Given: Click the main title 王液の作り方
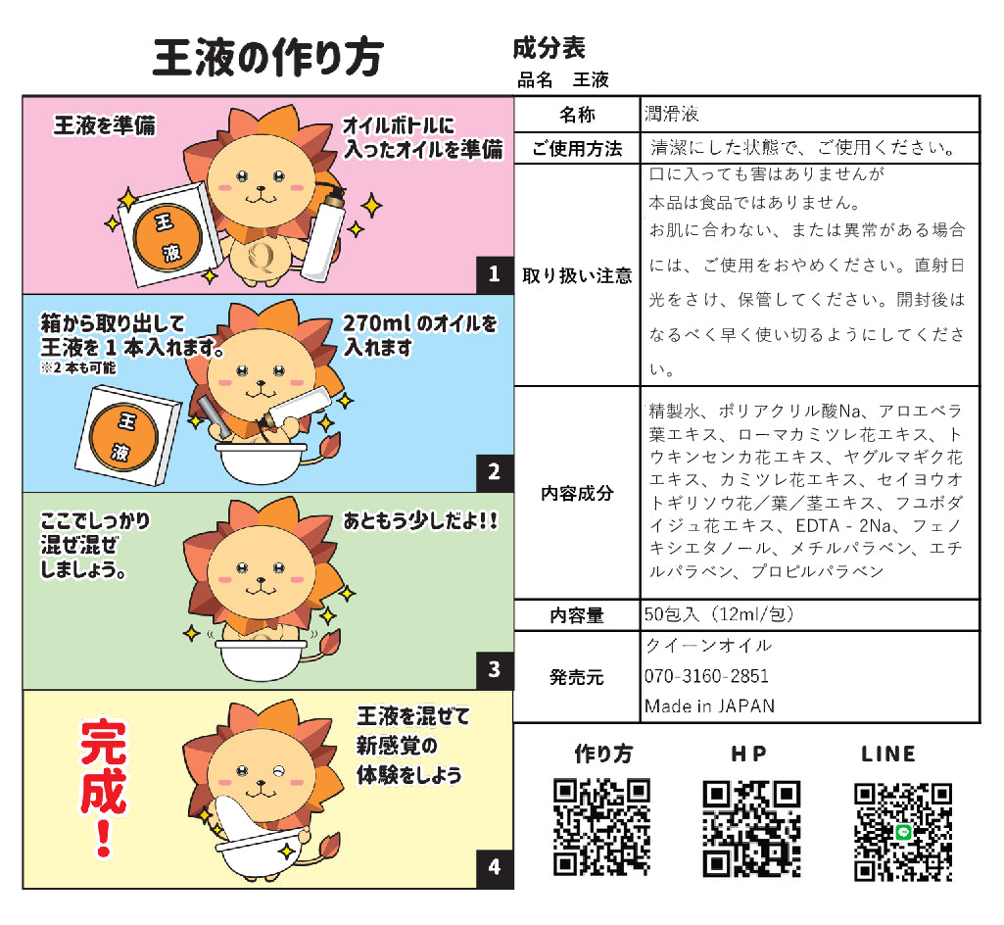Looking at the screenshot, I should (267, 59).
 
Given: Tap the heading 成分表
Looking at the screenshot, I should (549, 47).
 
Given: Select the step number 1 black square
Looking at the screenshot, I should (495, 275).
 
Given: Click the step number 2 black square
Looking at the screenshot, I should (495, 472).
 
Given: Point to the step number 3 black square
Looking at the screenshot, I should (495, 670).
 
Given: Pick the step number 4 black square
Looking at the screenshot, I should (495, 867).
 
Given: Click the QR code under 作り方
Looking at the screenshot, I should (601, 827).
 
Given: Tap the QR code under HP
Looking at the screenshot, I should (751, 829).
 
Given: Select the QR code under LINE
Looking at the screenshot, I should (902, 832).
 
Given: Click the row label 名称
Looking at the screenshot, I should (577, 115).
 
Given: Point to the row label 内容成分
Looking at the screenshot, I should (577, 493).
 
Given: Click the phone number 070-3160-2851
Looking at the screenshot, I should (706, 676).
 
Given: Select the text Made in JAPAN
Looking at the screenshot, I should (709, 706).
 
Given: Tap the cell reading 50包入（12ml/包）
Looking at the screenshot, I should (719, 615).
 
